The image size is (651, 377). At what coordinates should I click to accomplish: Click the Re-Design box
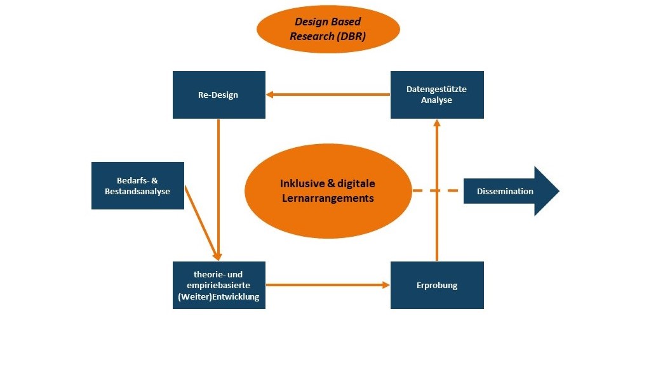point(218,95)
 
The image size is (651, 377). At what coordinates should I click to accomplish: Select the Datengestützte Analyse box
point(436,95)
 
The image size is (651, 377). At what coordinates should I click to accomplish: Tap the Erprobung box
point(436,285)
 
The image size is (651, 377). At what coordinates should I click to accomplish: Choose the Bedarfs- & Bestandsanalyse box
point(138,185)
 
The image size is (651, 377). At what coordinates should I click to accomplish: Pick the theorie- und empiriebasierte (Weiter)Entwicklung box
point(218,285)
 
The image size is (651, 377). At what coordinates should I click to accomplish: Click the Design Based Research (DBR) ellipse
point(328,30)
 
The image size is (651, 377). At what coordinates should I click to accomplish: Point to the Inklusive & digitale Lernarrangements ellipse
point(328,190)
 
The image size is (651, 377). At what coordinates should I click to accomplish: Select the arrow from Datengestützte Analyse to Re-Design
point(328,95)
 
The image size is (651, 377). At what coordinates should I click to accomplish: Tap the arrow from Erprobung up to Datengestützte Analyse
point(436,190)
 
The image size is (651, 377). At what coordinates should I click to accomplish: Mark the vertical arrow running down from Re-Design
point(218,184)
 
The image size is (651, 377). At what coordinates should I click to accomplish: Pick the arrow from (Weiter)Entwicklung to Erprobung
point(328,285)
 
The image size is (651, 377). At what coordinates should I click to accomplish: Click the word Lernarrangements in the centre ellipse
point(328,198)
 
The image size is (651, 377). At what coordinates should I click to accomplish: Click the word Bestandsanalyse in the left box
point(138,191)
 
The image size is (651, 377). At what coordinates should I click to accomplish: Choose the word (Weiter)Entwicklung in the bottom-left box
point(218,296)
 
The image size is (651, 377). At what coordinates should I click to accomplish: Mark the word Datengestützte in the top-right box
point(436,89)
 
